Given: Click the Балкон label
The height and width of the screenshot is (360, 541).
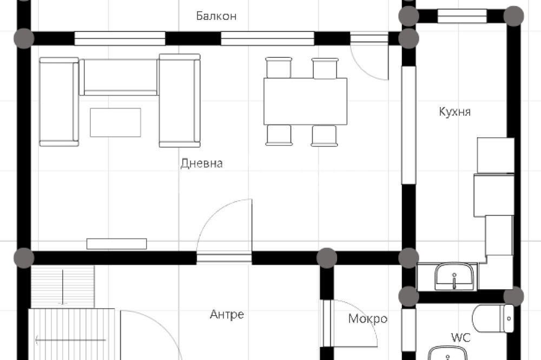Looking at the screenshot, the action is coord(216,16).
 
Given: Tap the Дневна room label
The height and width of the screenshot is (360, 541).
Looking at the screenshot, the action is coord(201,163).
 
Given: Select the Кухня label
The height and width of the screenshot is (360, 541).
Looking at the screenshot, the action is coord(455,112).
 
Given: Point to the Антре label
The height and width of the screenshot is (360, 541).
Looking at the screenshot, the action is coord(227,315).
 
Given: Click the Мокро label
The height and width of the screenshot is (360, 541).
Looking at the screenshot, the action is coord(368,318).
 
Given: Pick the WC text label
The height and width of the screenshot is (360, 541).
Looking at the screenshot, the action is coord(460,337).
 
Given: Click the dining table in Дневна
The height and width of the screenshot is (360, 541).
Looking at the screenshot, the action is coord(305,102).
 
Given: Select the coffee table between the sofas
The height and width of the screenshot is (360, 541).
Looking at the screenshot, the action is coord(116,122).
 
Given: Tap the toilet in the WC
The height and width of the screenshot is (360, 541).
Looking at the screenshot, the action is coord(493,318).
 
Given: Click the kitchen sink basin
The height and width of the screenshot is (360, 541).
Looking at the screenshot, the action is coord(454,277).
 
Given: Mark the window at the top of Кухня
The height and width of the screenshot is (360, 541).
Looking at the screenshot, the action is coord(463,16).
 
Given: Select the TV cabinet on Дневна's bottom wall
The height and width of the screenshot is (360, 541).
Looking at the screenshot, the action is coord(117,244).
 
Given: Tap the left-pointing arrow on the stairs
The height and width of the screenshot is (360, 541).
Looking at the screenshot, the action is coord(70,341).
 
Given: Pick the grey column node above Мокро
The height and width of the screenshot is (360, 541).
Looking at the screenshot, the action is coord(326,258).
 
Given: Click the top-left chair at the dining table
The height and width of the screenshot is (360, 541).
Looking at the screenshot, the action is coord(279,68).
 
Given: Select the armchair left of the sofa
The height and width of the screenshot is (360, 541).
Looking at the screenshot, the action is coord(59,102).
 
